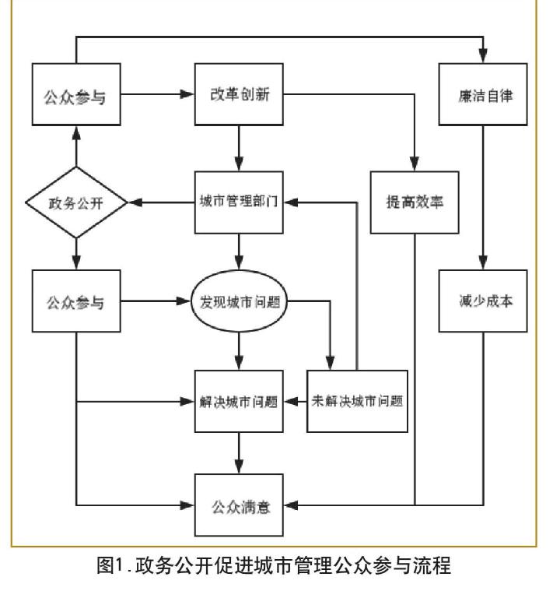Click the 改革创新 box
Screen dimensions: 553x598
(x=239, y=94)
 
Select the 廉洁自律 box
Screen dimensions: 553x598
(x=483, y=94)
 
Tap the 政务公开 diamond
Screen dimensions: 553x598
(x=76, y=202)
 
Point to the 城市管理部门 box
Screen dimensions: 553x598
(x=239, y=202)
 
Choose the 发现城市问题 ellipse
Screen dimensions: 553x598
(x=239, y=301)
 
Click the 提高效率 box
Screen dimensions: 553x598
(x=415, y=202)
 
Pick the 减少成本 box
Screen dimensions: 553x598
(x=483, y=301)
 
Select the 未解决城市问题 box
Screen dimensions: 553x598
(x=357, y=401)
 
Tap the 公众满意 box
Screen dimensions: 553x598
(x=239, y=505)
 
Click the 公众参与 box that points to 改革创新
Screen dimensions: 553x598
(x=76, y=94)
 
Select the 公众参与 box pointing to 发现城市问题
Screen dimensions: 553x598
(x=76, y=301)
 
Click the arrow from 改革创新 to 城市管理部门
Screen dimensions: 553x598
(x=239, y=148)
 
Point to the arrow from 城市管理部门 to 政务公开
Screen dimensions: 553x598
(x=162, y=202)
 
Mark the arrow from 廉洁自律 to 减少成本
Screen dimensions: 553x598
(x=483, y=198)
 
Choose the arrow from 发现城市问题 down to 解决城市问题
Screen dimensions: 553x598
(x=239, y=351)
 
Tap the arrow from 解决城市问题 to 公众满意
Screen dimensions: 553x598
(x=239, y=453)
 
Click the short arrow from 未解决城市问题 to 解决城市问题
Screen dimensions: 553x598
(x=295, y=401)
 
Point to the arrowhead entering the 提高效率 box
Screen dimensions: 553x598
(x=415, y=164)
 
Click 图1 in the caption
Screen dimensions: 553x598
(x=110, y=565)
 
